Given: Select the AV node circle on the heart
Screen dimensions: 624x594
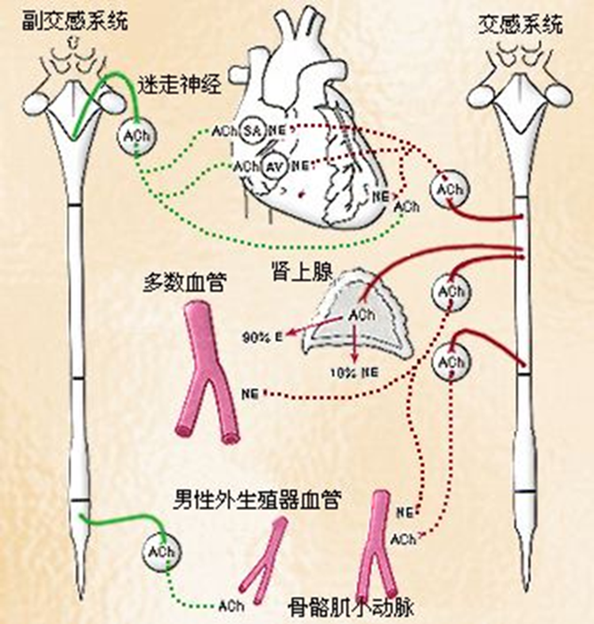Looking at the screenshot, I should point(275,166).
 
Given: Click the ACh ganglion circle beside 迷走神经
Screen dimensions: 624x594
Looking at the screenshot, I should point(135,134).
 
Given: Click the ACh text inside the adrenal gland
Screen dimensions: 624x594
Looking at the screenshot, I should point(362,315).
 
